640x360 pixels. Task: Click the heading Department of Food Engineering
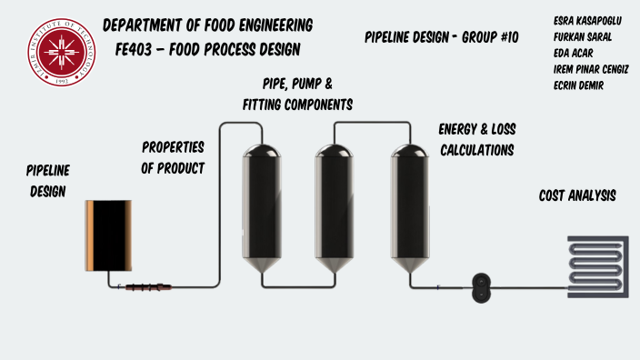[x=208, y=25]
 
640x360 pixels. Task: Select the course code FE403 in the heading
[x=127, y=48]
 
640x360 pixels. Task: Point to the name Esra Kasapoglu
[x=587, y=20]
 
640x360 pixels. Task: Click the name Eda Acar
[x=572, y=53]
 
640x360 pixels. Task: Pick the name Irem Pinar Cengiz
[x=591, y=69]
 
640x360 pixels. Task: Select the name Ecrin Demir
[x=578, y=85]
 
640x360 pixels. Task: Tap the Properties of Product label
[x=173, y=156]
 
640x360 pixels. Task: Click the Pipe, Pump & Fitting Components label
[x=297, y=95]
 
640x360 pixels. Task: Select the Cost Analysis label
[x=578, y=195]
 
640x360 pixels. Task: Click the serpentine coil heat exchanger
[x=597, y=263]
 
